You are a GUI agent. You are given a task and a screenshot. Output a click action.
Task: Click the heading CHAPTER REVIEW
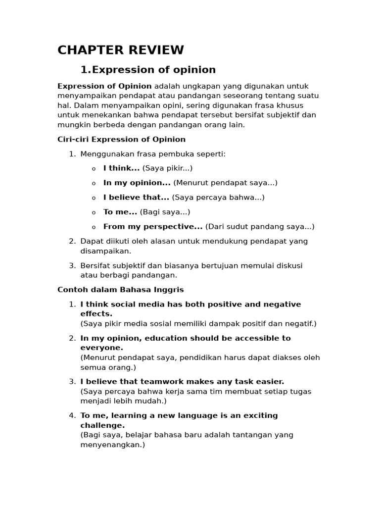pyautogui.click(x=121, y=50)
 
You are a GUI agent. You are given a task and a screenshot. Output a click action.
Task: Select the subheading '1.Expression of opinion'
pyautogui.click(x=148, y=69)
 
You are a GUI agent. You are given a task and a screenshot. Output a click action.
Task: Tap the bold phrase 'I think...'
pyautogui.click(x=121, y=168)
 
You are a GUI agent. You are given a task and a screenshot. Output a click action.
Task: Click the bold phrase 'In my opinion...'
pyautogui.click(x=137, y=183)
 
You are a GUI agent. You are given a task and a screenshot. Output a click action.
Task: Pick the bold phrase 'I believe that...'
pyautogui.click(x=136, y=197)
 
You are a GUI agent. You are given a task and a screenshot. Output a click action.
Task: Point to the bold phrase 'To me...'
pyautogui.click(x=120, y=212)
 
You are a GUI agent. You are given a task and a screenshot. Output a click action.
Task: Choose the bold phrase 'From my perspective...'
pyautogui.click(x=153, y=227)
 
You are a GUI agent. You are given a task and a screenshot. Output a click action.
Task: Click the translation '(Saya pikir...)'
pyautogui.click(x=167, y=168)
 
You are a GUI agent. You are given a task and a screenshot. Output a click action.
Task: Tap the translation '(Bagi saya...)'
pyautogui.click(x=165, y=212)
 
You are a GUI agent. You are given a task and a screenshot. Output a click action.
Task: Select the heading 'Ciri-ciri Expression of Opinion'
pyautogui.click(x=122, y=140)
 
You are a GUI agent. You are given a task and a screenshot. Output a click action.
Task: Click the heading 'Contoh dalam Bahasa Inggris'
pyautogui.click(x=121, y=290)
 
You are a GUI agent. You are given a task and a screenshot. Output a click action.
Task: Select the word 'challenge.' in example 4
pyautogui.click(x=102, y=425)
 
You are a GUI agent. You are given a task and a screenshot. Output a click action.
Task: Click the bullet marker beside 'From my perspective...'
pyautogui.click(x=94, y=227)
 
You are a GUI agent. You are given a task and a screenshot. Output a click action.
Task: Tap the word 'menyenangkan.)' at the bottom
pyautogui.click(x=112, y=445)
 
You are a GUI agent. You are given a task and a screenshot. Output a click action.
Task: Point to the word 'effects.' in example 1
pyautogui.click(x=96, y=314)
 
